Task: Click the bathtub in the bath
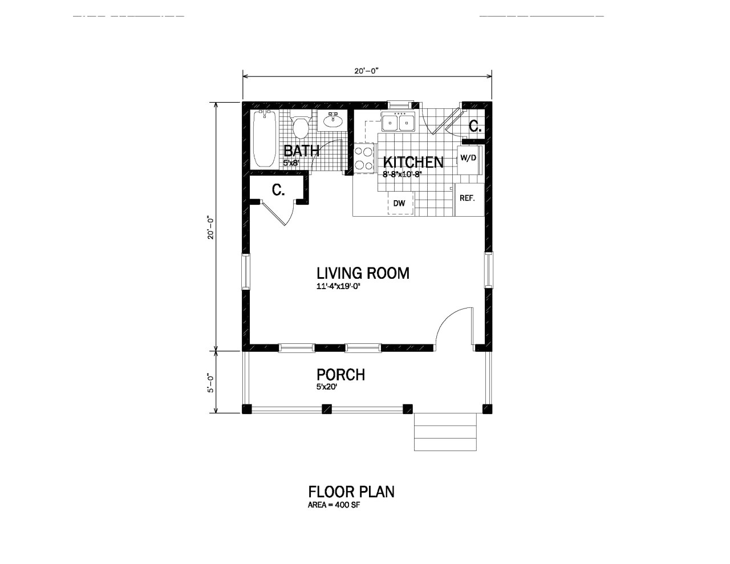(x=265, y=139)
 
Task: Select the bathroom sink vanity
(x=332, y=120)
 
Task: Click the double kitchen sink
(x=398, y=122)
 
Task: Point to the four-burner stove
(x=363, y=158)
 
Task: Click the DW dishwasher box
(x=400, y=204)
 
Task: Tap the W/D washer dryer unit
(x=469, y=158)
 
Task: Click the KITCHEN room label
(x=413, y=162)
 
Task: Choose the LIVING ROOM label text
(x=363, y=273)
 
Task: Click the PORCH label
(x=340, y=375)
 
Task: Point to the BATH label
(x=301, y=151)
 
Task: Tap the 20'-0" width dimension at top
(x=366, y=71)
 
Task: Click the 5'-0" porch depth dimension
(x=210, y=383)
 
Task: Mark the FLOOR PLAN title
(x=351, y=492)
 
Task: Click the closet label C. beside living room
(x=278, y=190)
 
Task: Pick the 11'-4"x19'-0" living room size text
(x=339, y=287)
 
